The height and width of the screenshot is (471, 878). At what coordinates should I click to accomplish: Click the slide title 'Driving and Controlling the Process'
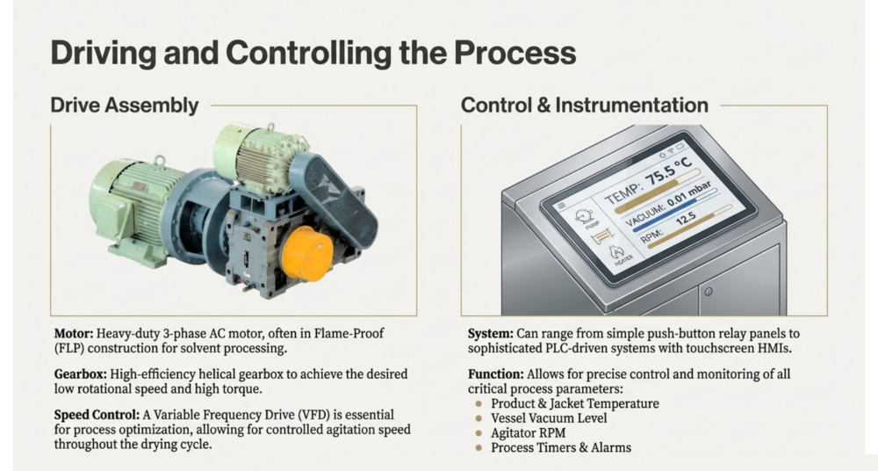coord(313,53)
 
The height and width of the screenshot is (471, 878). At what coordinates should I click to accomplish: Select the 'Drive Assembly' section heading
coord(125,105)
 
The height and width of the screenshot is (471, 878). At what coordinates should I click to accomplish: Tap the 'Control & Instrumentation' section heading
coord(585,105)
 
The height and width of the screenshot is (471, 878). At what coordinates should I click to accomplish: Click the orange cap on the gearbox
coord(306,253)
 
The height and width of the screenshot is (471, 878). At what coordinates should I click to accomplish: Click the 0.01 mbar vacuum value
coord(689,195)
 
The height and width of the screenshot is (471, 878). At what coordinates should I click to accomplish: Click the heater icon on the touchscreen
coord(621,255)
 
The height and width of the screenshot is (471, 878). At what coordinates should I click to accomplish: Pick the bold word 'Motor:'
coord(74,334)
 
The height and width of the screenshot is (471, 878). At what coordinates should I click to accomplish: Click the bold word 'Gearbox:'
coord(81,374)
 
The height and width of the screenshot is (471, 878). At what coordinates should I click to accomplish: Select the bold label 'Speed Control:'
coord(97,415)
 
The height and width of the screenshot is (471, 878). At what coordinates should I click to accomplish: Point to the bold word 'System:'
coord(491,334)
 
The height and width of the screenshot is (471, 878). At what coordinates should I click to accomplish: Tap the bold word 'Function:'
coord(496,374)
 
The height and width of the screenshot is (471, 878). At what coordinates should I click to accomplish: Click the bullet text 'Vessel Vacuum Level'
coord(549,418)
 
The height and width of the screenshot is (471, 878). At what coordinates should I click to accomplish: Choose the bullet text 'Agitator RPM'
coord(528,433)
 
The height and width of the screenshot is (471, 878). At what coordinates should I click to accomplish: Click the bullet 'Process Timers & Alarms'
coord(561,447)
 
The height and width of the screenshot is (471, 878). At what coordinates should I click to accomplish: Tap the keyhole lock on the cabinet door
coord(709,292)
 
